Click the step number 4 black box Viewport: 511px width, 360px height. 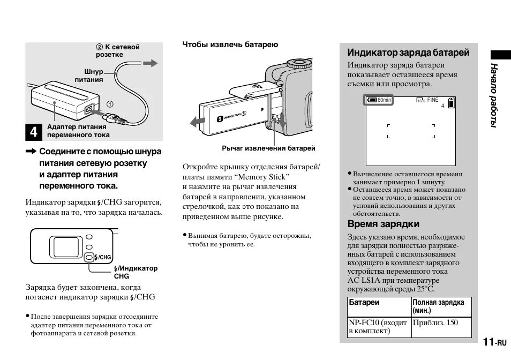click(33, 132)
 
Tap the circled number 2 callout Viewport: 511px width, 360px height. click(100, 47)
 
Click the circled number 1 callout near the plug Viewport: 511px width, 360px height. click(109, 104)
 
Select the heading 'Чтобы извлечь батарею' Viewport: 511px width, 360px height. click(230, 44)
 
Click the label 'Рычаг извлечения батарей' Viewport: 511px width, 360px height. click(268, 148)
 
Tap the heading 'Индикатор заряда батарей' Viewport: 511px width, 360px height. click(408, 52)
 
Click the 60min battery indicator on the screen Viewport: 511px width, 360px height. click(379, 100)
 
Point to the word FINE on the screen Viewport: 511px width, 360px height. click(432, 100)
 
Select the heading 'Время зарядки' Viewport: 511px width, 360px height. click(383, 224)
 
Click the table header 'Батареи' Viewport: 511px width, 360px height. click(364, 303)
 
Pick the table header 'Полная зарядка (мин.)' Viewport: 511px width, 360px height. click(438, 306)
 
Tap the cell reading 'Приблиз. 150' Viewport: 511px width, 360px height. click(435, 323)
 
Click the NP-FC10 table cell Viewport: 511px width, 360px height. click(377, 327)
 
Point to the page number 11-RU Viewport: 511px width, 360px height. click(493, 342)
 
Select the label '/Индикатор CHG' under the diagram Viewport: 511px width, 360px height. click(135, 272)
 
